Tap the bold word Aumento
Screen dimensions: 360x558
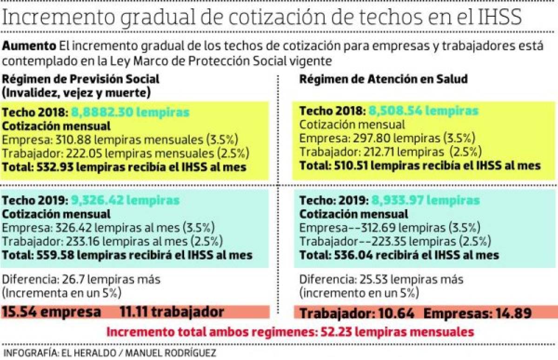30,47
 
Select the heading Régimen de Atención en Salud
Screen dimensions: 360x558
383,79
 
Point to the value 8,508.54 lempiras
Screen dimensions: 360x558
423,111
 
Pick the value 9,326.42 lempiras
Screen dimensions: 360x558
125,201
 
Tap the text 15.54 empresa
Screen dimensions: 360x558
51,312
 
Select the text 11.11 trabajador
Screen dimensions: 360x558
172,312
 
